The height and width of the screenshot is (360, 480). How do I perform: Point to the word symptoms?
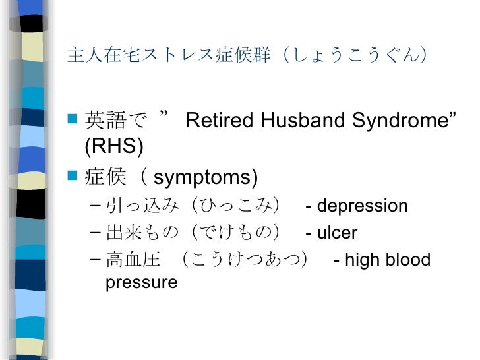coord(205,177)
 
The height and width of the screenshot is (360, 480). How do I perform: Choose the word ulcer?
coord(337,233)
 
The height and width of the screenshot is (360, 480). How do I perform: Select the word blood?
coord(407,260)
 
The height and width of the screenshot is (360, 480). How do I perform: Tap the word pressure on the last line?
coord(141,283)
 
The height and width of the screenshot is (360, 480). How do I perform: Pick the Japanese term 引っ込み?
coord(142,206)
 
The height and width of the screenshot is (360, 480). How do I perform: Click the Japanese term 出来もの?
coord(142,233)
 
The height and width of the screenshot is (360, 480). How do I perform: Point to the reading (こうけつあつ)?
coord(247,260)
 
